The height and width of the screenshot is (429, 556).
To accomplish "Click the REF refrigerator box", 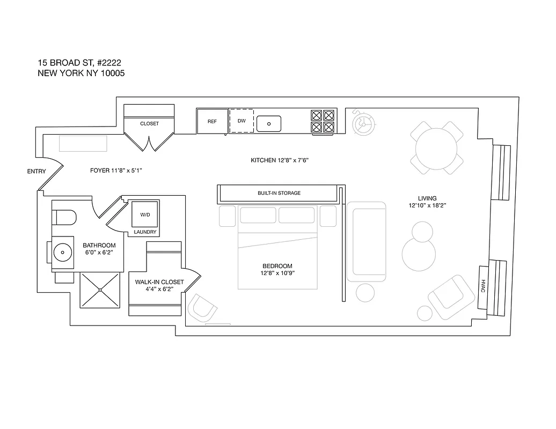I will click(212, 121).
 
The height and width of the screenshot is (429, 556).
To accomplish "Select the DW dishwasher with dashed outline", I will click(242, 121).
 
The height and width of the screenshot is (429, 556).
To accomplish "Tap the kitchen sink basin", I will click(269, 124).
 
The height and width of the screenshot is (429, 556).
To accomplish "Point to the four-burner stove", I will click(323, 121).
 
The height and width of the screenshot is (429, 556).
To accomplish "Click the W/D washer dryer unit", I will click(145, 214).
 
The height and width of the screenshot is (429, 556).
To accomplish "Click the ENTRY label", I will click(36, 172).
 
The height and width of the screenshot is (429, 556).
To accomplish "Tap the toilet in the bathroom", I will click(65, 219).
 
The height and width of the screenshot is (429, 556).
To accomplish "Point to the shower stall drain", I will click(100, 290).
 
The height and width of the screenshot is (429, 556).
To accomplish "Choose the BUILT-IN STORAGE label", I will click(279, 193).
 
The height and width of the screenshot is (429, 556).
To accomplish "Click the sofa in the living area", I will click(366, 241).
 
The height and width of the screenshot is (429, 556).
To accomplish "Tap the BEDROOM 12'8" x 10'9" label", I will click(277, 270).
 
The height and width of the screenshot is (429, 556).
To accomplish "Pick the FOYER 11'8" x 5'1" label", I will click(115, 171).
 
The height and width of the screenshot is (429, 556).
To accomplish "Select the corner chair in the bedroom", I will click(203, 308).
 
